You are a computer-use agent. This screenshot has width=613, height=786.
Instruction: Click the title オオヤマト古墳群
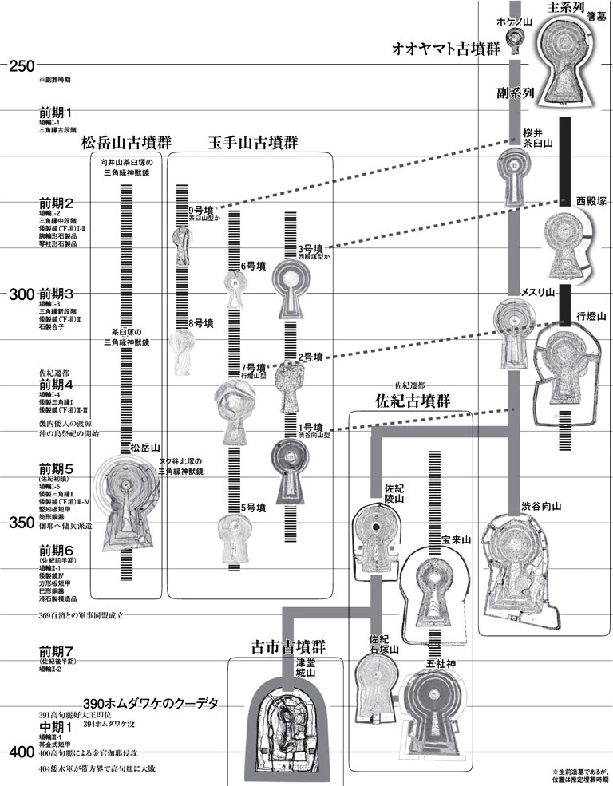(445, 48)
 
